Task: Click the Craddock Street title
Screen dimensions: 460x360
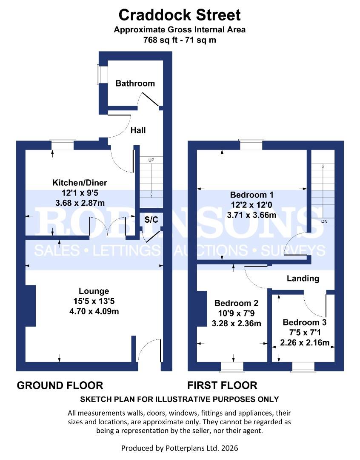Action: point(180,15)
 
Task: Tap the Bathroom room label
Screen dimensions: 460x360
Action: point(135,83)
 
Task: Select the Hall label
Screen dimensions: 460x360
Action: point(137,130)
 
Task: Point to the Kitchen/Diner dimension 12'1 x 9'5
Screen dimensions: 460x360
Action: point(80,192)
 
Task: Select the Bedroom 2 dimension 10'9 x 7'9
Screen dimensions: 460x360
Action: point(236,313)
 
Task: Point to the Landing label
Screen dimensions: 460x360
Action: point(303,279)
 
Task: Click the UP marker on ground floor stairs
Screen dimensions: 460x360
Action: point(151,161)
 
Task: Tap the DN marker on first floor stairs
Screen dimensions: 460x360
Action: point(324,222)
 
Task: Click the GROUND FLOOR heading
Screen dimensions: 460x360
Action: point(60,385)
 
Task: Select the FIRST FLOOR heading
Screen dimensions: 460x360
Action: point(222,385)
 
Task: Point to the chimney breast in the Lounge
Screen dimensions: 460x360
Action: point(30,305)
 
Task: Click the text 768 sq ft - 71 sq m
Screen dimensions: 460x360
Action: point(180,41)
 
